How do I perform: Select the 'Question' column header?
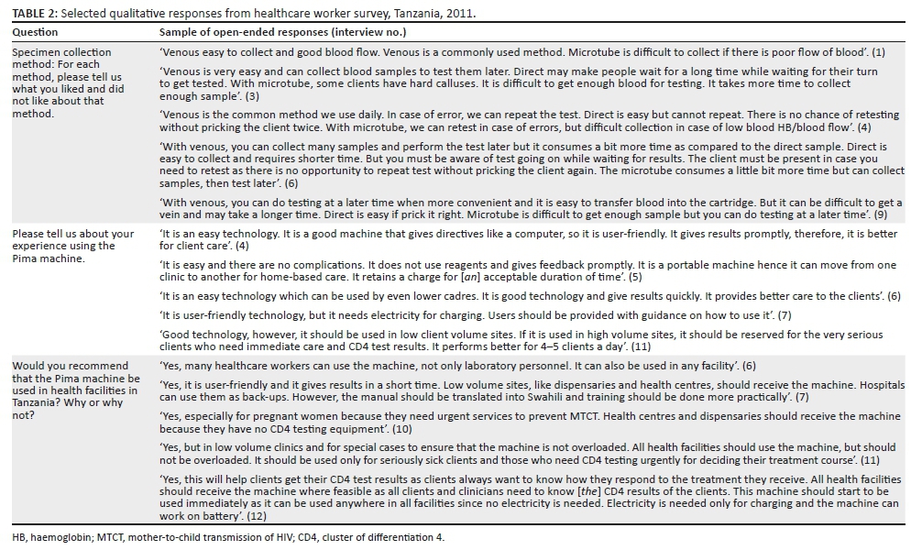click(x=35, y=32)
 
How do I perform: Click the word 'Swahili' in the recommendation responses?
click(x=578, y=398)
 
